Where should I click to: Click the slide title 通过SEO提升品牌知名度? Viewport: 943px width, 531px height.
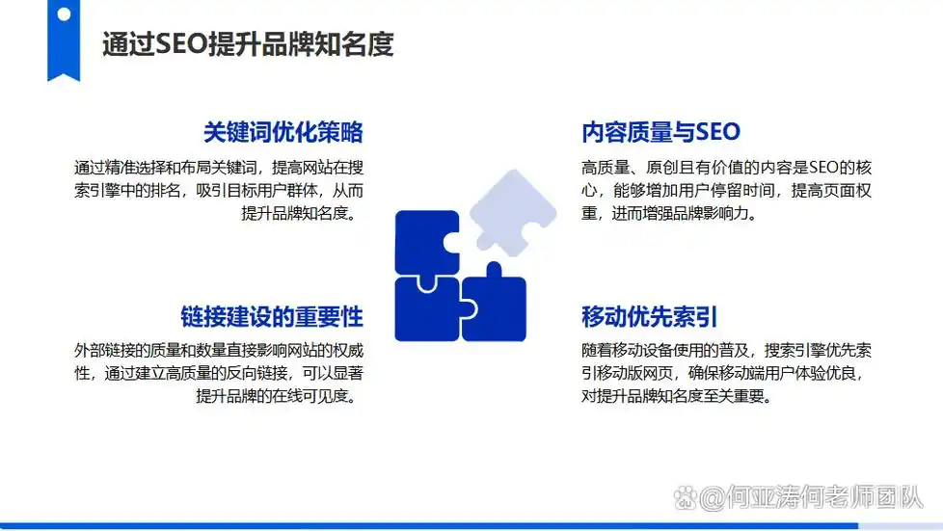click(x=248, y=44)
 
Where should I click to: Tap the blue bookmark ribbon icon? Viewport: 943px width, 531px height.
click(x=64, y=39)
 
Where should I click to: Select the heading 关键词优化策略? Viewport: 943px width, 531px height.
click(x=283, y=132)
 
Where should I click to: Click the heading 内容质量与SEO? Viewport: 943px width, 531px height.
click(x=660, y=132)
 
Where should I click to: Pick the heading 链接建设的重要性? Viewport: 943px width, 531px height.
click(x=271, y=316)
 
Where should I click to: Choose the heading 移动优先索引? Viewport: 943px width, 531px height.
click(x=649, y=316)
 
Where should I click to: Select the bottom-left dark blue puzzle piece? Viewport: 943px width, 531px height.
click(x=426, y=308)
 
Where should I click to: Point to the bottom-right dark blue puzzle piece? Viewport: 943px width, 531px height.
click(x=494, y=305)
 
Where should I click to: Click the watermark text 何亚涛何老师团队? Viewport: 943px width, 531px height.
click(x=811, y=498)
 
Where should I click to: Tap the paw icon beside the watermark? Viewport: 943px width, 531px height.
click(x=685, y=498)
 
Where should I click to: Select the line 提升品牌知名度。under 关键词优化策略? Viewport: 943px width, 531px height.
click(x=302, y=214)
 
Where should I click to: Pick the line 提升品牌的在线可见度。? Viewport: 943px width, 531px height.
click(x=279, y=397)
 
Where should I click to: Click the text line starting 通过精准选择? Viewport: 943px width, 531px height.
click(x=218, y=166)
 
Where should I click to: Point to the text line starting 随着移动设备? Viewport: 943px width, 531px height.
click(x=726, y=349)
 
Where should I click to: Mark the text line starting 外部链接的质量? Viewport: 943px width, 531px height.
click(x=218, y=349)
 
